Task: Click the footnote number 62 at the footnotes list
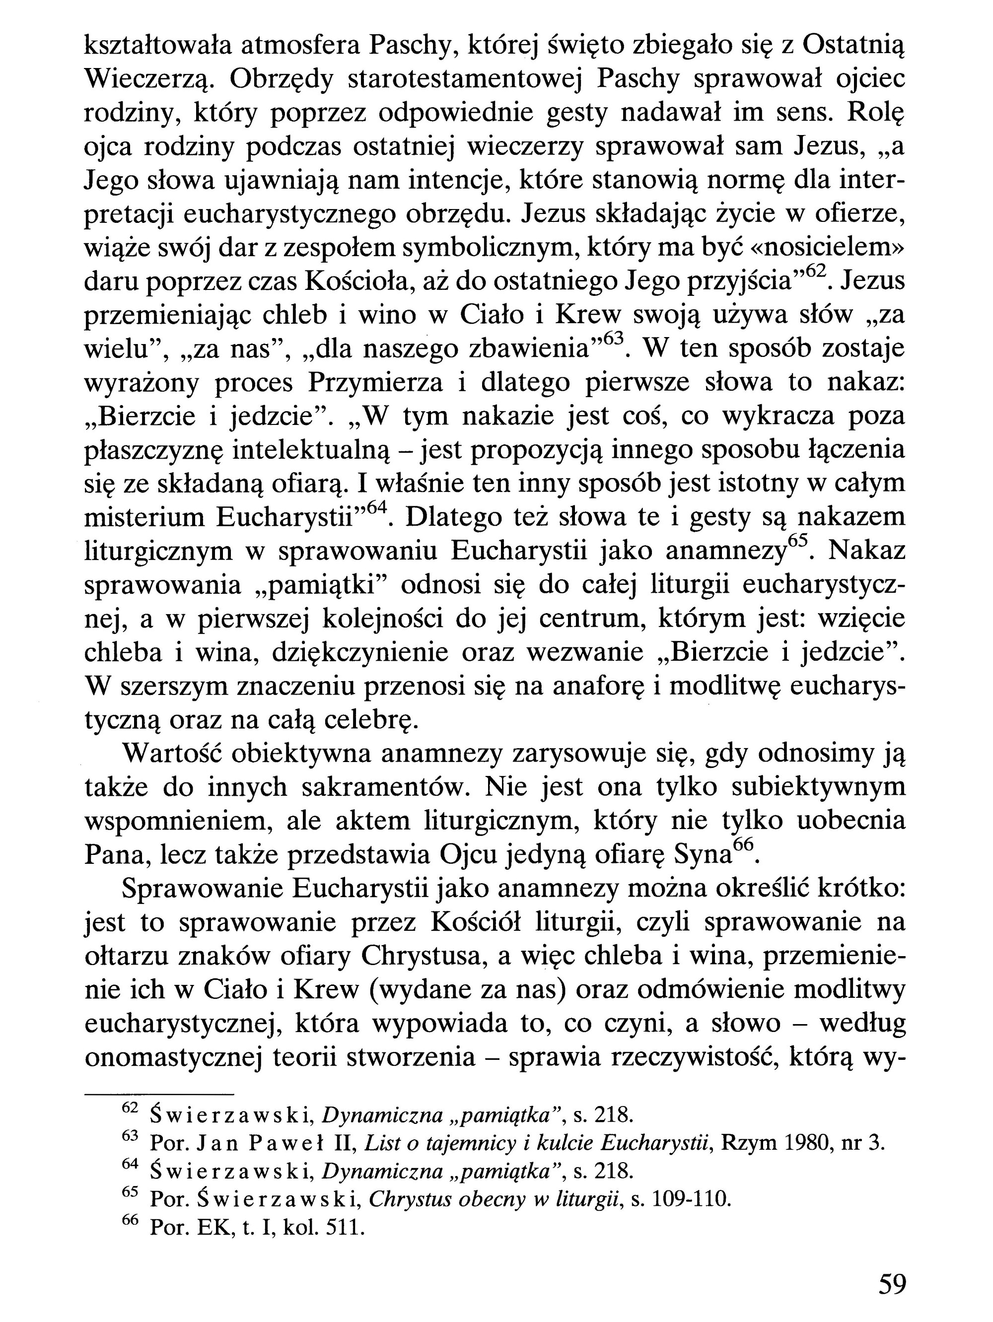coord(130,1108)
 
